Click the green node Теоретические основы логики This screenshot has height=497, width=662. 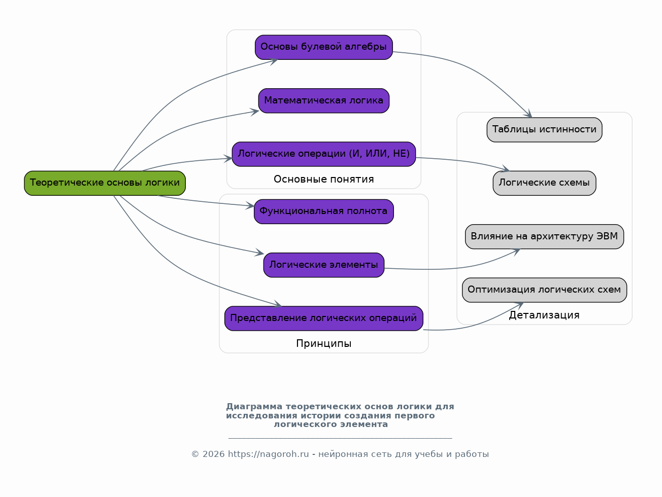pos(105,183)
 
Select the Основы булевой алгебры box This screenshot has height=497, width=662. pos(323,47)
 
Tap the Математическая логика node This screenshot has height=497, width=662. pos(323,100)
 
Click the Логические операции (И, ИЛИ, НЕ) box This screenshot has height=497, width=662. pos(323,154)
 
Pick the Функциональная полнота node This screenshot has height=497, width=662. pos(323,211)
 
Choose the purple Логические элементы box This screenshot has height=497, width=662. pos(323,265)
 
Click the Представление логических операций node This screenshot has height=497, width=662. pos(323,318)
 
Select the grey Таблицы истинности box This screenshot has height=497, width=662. pos(544,129)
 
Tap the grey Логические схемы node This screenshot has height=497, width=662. pos(544,183)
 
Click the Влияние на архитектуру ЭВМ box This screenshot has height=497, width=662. pos(544,236)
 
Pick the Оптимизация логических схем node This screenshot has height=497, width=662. pos(544,290)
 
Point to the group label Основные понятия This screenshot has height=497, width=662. pos(323,179)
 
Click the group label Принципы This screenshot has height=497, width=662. pos(323,343)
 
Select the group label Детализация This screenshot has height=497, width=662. pos(544,315)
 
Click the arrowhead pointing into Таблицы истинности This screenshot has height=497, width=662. pos(528,114)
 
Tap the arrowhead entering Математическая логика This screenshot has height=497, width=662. pos(255,112)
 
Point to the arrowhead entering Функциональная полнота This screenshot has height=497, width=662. pos(250,206)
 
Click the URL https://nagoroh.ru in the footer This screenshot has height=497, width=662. pos(268,454)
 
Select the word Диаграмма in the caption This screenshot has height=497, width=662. pos(254,407)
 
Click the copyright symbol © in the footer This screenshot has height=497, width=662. pos(195,454)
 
